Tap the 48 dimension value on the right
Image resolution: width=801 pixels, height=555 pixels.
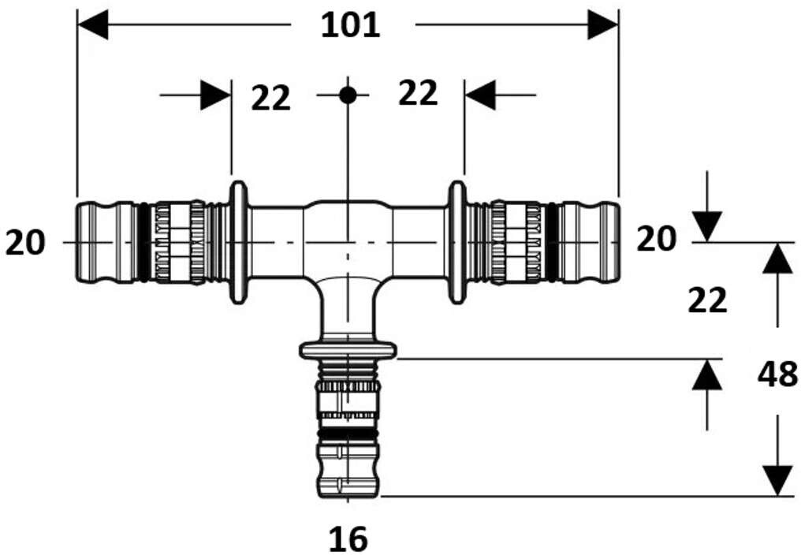point(777,374)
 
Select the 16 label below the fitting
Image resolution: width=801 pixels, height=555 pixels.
point(348,539)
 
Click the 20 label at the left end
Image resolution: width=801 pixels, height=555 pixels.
point(25,243)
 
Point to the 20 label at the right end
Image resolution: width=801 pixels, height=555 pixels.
point(656,238)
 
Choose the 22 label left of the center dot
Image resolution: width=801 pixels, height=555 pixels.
point(271,99)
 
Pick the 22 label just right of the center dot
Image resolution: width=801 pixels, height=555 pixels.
point(417,94)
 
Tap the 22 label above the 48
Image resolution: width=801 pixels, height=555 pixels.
point(707,300)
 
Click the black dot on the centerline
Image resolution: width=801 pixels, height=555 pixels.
point(348,95)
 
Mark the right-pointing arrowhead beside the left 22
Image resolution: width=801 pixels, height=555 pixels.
point(215,95)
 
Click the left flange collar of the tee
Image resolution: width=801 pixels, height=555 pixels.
point(239,243)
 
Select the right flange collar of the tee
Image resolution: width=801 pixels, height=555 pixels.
point(456,243)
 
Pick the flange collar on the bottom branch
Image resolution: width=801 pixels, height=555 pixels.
point(348,350)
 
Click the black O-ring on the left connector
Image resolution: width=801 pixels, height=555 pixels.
point(143,243)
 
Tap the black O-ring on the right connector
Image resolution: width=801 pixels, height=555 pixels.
point(552,243)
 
